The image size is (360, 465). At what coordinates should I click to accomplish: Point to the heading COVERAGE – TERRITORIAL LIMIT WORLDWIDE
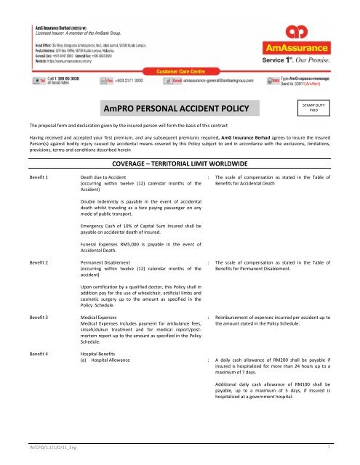[x=180, y=144]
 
